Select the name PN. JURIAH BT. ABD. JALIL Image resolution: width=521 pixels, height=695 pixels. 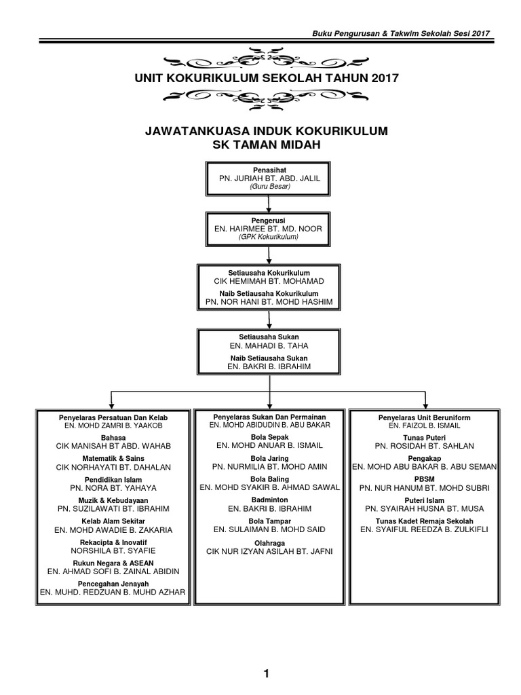click(269, 178)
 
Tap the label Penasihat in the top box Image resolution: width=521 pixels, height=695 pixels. click(269, 169)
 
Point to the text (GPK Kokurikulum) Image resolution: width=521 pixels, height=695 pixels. click(269, 238)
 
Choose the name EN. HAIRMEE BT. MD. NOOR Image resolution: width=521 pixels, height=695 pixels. click(269, 229)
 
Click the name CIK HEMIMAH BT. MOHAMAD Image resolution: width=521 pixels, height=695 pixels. click(269, 281)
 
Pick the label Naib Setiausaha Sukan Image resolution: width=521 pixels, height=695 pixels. click(269, 358)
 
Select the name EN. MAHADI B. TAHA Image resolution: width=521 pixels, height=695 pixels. click(269, 345)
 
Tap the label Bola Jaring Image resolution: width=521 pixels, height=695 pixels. click(269, 459)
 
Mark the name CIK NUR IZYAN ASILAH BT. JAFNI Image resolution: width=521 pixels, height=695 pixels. click(269, 551)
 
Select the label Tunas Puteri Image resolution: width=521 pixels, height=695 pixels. click(425, 438)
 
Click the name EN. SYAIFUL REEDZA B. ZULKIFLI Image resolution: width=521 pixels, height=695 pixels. click(425, 529)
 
